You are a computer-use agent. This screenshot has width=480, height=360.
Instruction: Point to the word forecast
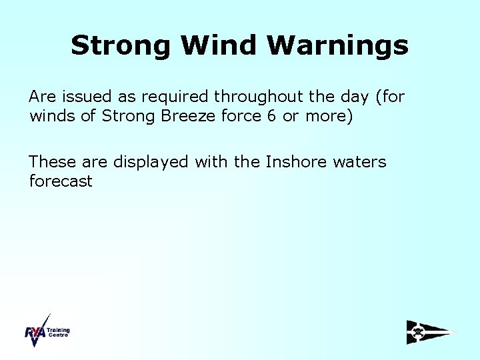click(x=61, y=181)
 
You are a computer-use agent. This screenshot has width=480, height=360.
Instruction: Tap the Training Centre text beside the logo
click(x=59, y=332)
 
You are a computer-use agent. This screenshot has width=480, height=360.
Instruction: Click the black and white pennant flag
click(x=431, y=331)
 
